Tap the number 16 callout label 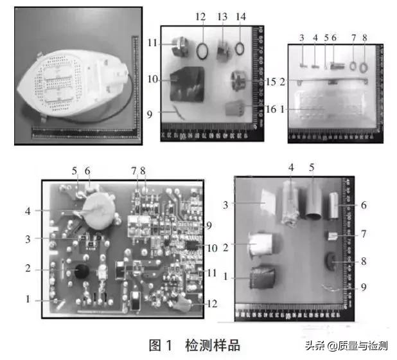tap(270, 109)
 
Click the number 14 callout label tap(241, 15)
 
